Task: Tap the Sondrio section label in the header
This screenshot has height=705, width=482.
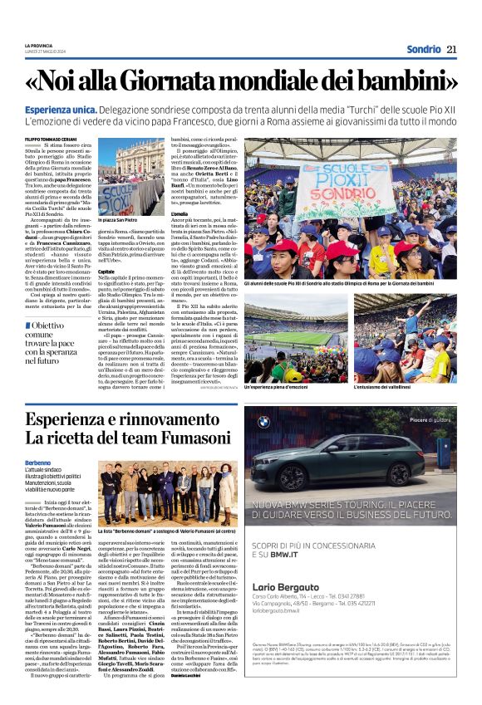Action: (x=423, y=50)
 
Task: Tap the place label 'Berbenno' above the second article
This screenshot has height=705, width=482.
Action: (x=37, y=462)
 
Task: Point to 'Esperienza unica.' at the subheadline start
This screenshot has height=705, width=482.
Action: (x=61, y=109)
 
